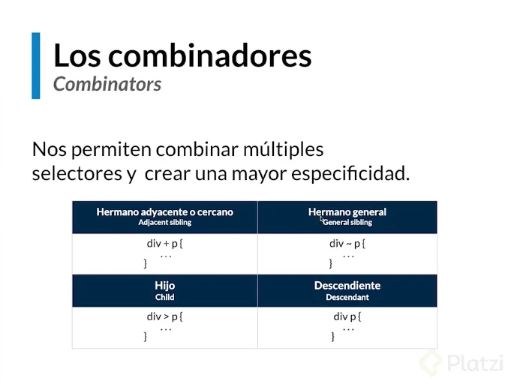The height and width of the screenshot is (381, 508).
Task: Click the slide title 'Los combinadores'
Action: point(182,55)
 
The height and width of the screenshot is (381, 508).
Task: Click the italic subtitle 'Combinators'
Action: point(107,84)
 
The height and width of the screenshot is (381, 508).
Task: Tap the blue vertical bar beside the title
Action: point(35,65)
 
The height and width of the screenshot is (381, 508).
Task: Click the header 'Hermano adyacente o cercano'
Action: point(164,212)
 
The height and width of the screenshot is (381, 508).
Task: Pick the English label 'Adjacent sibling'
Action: point(164,223)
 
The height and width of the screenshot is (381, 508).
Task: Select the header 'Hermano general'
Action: point(347,212)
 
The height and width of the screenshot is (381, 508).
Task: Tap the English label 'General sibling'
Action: point(347,223)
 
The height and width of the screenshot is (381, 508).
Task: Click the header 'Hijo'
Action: point(164,286)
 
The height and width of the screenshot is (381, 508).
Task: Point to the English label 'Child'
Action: point(164,297)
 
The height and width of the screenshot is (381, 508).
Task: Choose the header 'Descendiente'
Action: point(347,286)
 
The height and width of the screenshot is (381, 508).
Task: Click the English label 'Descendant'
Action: point(347,297)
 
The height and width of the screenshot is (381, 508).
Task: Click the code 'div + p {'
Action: point(164,244)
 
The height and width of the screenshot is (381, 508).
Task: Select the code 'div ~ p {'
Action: point(347,244)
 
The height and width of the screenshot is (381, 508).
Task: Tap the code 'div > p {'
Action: point(164,316)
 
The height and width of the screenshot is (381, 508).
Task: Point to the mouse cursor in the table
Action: point(323,220)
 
